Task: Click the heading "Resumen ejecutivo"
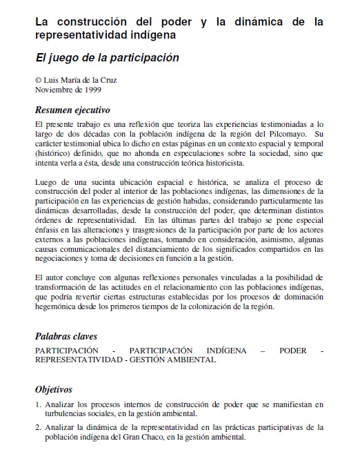[72, 110]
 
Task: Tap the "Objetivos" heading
[54, 389]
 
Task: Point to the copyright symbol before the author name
[38, 80]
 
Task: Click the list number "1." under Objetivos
[38, 404]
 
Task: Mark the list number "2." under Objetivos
[38, 427]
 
